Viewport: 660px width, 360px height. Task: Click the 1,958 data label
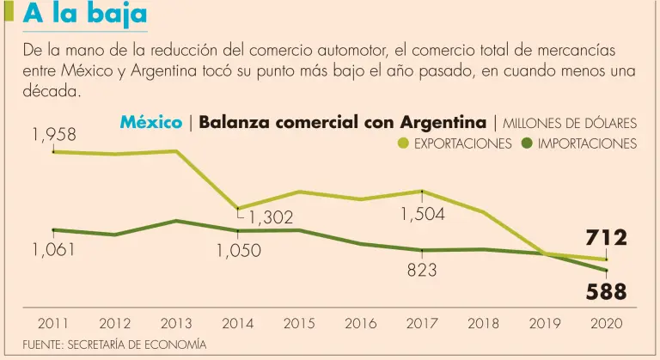click(54, 134)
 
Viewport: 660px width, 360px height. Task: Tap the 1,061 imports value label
click(54, 250)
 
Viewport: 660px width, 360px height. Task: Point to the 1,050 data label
click(238, 251)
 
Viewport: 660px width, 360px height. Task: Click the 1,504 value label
click(422, 215)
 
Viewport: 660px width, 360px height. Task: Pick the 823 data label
click(422, 270)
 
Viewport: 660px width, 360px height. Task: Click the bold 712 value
click(607, 237)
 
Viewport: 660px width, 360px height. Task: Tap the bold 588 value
click(607, 292)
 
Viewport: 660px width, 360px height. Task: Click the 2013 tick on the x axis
click(176, 324)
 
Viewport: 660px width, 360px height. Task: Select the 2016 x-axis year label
click(360, 324)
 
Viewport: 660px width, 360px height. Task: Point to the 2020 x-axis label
click(607, 324)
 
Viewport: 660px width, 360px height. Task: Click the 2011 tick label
click(53, 324)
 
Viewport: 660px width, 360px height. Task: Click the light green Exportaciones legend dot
click(403, 143)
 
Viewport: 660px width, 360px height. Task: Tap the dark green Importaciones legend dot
click(527, 143)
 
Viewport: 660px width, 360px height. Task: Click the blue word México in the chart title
click(150, 123)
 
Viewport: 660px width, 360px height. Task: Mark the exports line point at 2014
click(238, 209)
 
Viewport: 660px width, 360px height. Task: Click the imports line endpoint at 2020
click(607, 271)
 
